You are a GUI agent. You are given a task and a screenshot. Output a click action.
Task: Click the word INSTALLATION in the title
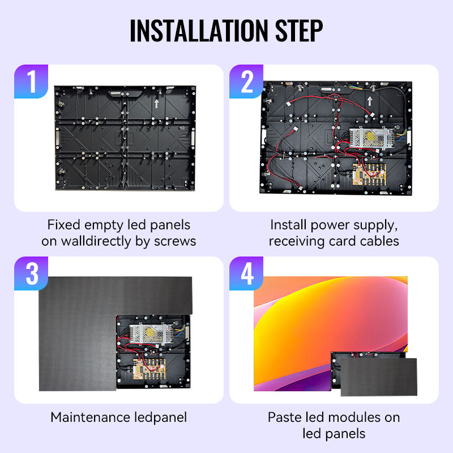coord(199,31)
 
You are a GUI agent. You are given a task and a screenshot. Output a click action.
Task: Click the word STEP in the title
coord(299,31)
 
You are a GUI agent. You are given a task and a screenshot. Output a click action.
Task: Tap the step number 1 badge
coord(31,82)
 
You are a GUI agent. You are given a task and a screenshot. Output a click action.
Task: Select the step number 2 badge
coord(246,82)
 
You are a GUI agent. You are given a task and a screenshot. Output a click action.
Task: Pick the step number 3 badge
coord(31,273)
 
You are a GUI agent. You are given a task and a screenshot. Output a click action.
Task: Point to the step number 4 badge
coord(246,273)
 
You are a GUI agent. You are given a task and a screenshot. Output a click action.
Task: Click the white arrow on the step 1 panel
coord(157,104)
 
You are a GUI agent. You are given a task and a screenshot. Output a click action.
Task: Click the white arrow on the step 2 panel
coord(370,101)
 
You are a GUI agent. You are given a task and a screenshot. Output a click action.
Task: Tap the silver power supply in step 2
coord(371,138)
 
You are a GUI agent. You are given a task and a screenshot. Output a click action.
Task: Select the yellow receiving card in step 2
coord(369,174)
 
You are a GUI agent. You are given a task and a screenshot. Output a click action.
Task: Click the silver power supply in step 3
coord(151,334)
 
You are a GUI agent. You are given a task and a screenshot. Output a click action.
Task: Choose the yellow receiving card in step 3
coord(149,369)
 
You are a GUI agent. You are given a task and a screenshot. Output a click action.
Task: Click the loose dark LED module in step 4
coord(379,377)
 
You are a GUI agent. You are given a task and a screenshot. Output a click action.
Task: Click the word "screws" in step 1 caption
coord(175,241)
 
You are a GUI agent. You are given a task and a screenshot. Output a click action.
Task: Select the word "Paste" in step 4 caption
coord(285,417)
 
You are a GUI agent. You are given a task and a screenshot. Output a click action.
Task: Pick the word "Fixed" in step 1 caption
coord(64,225)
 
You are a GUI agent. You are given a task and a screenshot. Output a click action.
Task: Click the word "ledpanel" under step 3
coord(161,418)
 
